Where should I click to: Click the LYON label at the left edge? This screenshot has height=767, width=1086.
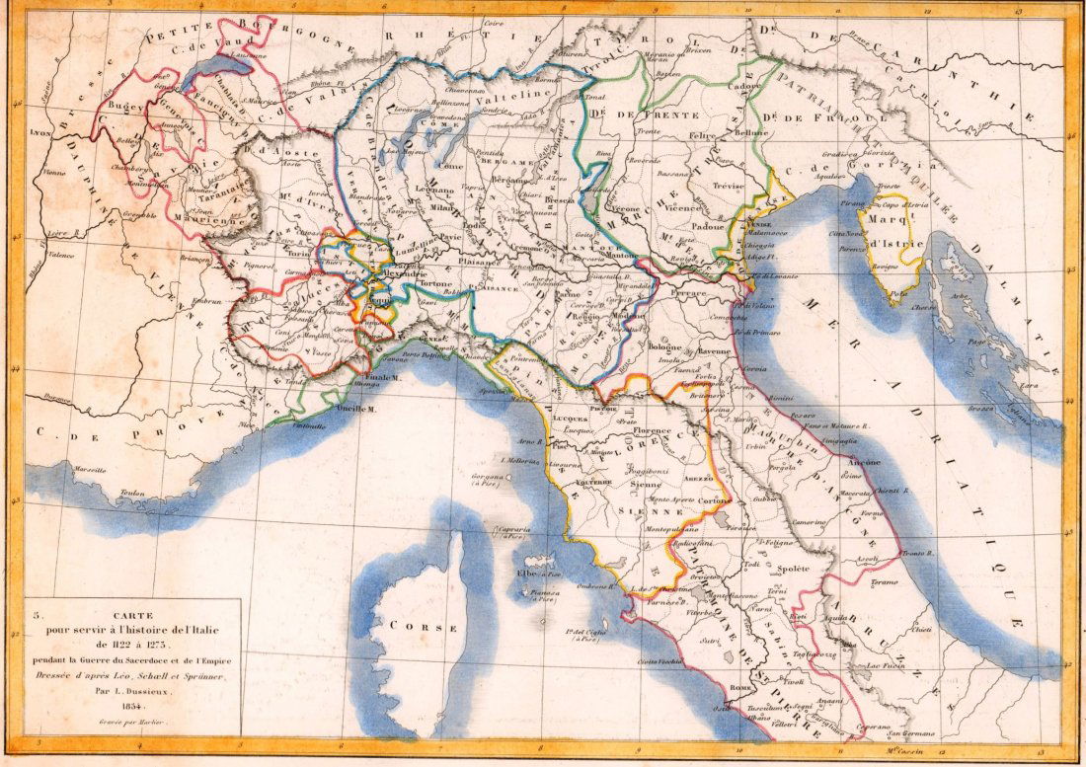(40, 131)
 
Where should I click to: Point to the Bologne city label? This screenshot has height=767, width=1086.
(665, 347)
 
